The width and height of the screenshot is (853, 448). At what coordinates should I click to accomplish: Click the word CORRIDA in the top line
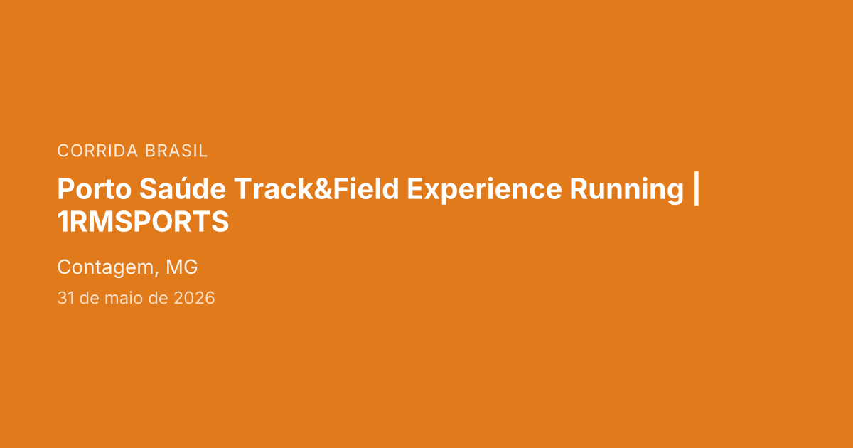click(x=97, y=151)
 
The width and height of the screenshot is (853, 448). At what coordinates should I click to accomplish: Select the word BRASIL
click(x=176, y=151)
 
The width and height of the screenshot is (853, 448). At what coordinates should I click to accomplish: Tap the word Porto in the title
click(x=95, y=189)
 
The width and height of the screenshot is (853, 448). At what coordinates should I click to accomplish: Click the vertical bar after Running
click(x=697, y=188)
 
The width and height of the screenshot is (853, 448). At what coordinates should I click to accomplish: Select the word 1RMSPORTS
click(x=143, y=221)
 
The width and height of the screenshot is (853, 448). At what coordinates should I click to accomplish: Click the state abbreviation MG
click(x=182, y=267)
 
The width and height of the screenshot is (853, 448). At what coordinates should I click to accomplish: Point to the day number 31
click(x=65, y=298)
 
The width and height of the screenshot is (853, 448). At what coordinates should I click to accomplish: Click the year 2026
click(x=194, y=298)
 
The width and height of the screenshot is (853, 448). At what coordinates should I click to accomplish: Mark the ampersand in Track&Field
click(x=323, y=189)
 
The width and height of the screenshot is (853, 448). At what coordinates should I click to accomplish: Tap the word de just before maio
click(x=90, y=297)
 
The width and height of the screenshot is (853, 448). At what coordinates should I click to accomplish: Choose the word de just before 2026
click(x=158, y=297)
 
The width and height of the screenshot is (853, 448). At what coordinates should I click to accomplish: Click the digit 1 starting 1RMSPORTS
click(x=62, y=221)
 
